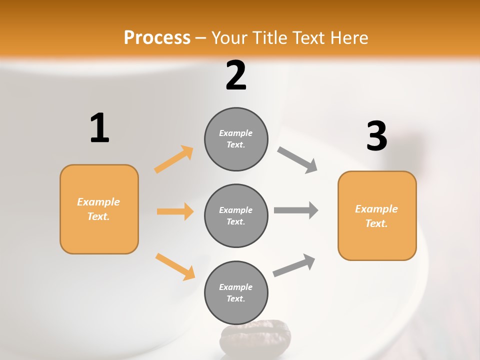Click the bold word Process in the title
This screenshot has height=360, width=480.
(157, 38)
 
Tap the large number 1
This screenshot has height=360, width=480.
(99, 128)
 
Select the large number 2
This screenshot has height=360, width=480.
(236, 75)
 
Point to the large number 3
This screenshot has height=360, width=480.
(376, 136)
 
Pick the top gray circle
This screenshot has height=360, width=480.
(236, 139)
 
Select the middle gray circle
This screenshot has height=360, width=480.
(236, 215)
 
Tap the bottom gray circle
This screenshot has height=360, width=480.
(236, 292)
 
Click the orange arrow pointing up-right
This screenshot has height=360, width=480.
(174, 159)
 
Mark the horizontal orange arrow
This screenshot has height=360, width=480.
(175, 211)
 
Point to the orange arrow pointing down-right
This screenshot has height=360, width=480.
(175, 266)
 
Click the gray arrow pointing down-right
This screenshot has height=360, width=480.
(297, 160)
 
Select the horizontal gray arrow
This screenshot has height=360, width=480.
(296, 210)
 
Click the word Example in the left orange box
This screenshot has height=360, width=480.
(98, 202)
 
